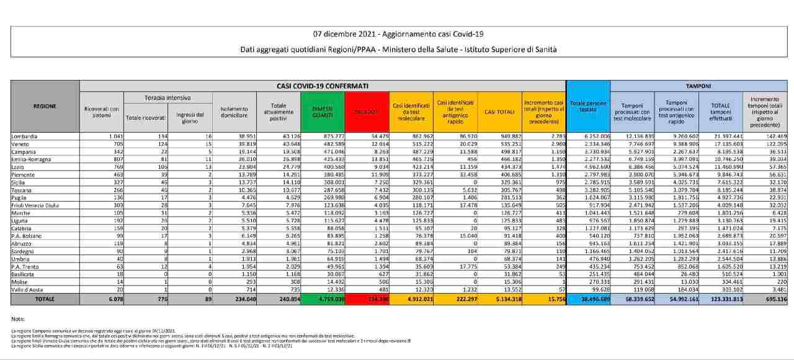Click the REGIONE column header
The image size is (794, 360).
tap(45, 106)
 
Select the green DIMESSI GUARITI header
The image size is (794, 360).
tap(322, 112)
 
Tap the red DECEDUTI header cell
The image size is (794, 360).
tap(367, 112)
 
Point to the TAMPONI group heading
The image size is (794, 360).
tap(698, 86)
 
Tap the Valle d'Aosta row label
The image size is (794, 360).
tap(28, 289)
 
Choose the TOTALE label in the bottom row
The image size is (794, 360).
tap(45, 299)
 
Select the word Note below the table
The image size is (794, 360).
tap(17, 318)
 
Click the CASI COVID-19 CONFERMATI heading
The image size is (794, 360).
tap(322, 86)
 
